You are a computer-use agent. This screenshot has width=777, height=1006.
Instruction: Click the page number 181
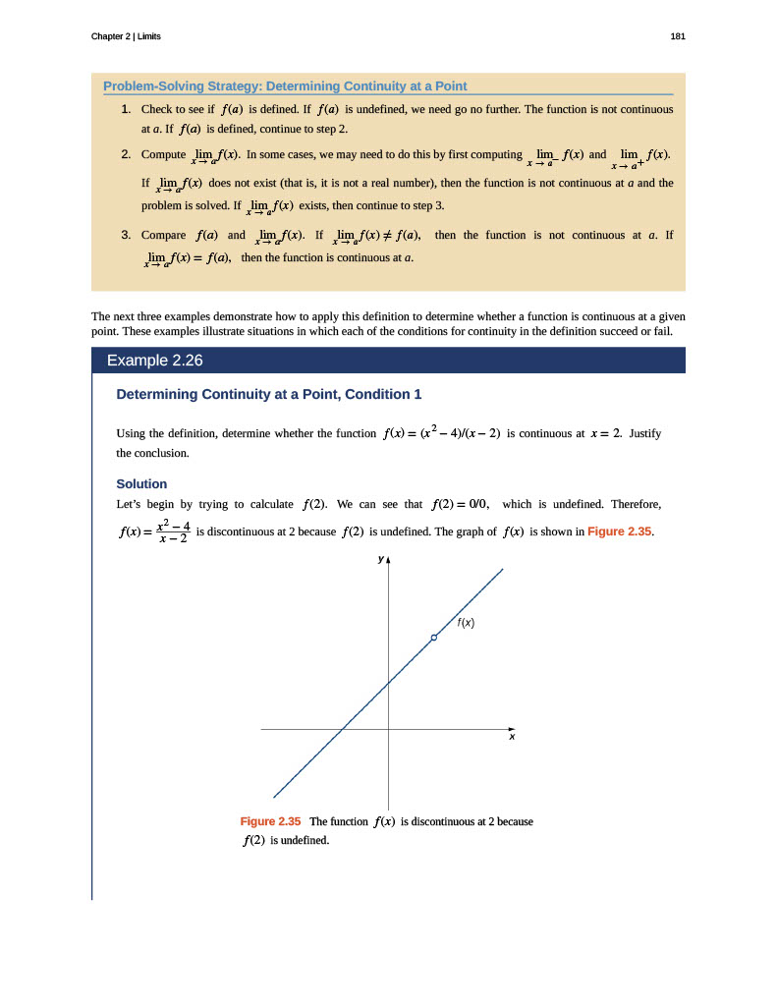pos(678,36)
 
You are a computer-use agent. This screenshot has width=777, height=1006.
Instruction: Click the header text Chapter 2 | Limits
pos(126,36)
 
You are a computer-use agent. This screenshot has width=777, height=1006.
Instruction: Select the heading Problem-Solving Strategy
pos(285,85)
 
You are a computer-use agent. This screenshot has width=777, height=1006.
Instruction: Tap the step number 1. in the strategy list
pos(127,108)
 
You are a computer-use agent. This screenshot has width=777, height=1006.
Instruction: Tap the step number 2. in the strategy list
pos(127,154)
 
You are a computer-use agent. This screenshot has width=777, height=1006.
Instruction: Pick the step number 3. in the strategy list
pos(127,235)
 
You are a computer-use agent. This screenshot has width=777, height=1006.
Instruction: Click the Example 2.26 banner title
pos(154,361)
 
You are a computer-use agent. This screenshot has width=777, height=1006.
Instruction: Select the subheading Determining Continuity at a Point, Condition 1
pos(269,394)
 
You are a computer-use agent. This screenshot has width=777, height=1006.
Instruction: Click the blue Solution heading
pos(141,483)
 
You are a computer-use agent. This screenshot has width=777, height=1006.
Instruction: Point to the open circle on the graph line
pos(433,639)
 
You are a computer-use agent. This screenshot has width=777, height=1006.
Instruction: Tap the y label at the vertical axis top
pos(380,560)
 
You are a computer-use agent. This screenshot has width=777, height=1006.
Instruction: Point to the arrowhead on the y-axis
pos(389,561)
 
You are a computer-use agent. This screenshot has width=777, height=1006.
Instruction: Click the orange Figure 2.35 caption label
pos(270,820)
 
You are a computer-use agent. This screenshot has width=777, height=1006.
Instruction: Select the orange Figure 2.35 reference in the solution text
pos(619,531)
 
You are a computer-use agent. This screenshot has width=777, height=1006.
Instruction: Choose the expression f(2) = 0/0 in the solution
pos(461,505)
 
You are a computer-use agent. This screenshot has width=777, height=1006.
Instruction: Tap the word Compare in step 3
pos(164,235)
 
